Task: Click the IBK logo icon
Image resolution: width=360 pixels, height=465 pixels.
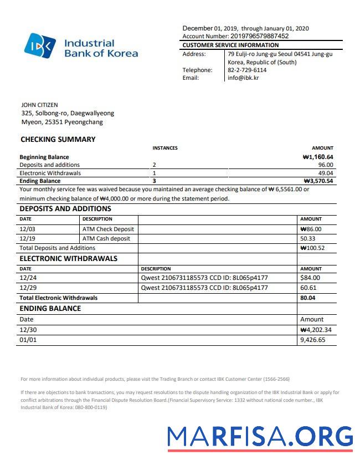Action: pos(40,45)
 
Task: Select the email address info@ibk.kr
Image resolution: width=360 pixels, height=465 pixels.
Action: pos(243,78)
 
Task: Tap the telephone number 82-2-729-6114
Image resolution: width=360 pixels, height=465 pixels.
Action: pos(247,70)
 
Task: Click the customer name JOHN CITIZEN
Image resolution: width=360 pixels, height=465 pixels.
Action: pos(39,105)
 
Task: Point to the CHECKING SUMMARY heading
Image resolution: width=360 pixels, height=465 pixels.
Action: pos(58,140)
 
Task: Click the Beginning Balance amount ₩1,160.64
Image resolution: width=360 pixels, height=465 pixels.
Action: pos(318,157)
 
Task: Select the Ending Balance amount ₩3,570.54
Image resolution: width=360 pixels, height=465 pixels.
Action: pos(318,181)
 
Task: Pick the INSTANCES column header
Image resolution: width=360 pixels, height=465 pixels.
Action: pos(165,148)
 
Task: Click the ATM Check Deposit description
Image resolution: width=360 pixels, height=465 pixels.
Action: pos(108,229)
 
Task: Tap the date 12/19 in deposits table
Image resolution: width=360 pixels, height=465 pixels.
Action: pos(27,238)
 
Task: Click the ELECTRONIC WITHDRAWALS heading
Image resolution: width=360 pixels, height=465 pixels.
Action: pos(68,258)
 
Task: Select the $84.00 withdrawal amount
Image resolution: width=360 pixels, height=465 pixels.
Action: pos(310,278)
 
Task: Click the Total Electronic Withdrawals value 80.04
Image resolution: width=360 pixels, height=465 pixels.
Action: pos(308,298)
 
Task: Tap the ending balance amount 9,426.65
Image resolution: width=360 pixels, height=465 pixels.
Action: pos(312,340)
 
